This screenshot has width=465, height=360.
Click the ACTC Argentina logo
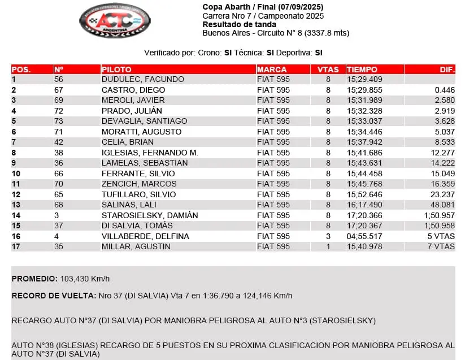[115, 21]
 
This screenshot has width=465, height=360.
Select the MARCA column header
[272, 70]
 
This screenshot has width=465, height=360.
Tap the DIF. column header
[447, 70]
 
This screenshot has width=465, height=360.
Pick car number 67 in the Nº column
[59, 90]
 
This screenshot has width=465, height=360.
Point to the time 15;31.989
[364, 101]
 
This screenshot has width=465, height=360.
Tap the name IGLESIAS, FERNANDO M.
[150, 153]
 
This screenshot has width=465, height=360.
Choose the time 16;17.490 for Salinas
[364, 205]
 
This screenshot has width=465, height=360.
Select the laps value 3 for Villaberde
[328, 236]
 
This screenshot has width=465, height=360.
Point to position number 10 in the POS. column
[16, 174]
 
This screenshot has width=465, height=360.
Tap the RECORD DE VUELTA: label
[47, 296]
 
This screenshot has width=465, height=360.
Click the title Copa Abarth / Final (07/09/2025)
[263, 7]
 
